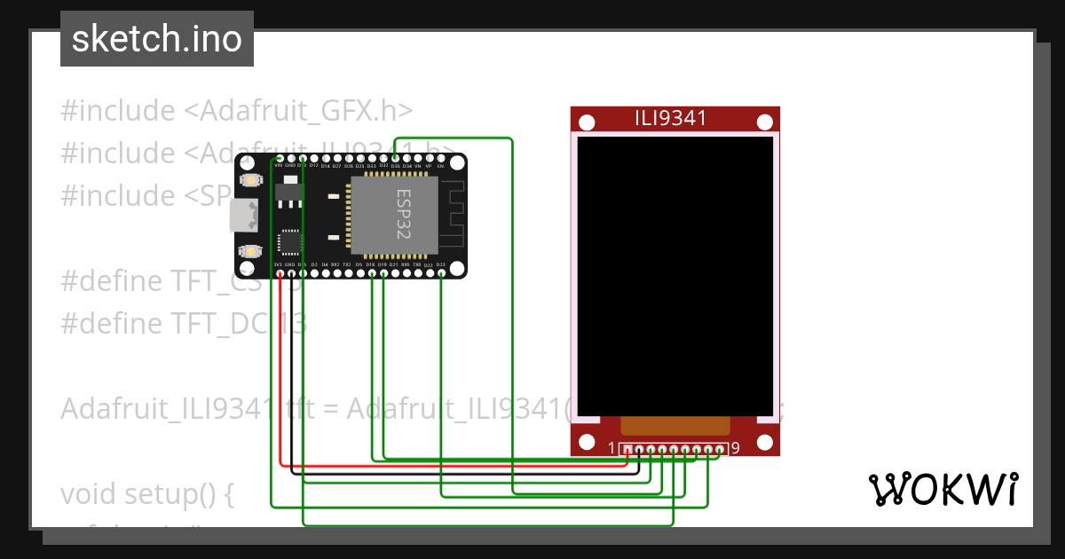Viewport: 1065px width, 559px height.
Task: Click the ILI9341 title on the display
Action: pyautogui.click(x=670, y=118)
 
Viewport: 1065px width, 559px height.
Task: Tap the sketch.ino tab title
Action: pyautogui.click(x=156, y=39)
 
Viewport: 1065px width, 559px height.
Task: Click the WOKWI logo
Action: pyautogui.click(x=942, y=489)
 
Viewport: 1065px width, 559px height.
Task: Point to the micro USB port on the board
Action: pyautogui.click(x=242, y=215)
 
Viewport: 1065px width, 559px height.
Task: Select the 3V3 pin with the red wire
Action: pyautogui.click(x=279, y=273)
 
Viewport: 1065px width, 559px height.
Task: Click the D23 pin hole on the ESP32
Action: pyautogui.click(x=441, y=273)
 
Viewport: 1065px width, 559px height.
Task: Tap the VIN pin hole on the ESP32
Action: pyautogui.click(x=279, y=158)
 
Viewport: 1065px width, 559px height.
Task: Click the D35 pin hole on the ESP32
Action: pyautogui.click(x=395, y=158)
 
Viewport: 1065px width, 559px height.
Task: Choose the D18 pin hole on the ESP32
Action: pyautogui.click(x=371, y=273)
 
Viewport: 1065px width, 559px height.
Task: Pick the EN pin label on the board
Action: pyautogui.click(x=440, y=166)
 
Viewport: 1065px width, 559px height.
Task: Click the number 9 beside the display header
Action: pyautogui.click(x=736, y=448)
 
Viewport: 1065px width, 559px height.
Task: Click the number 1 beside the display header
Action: pyautogui.click(x=611, y=448)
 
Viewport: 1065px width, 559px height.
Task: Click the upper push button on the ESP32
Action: pyautogui.click(x=252, y=181)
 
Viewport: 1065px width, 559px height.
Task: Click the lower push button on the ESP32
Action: pyautogui.click(x=252, y=251)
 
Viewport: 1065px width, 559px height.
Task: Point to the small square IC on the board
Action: pyautogui.click(x=290, y=241)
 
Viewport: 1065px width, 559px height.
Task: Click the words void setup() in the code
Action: pyautogui.click(x=146, y=494)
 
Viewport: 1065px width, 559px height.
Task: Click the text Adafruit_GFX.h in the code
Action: pyautogui.click(x=306, y=111)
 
